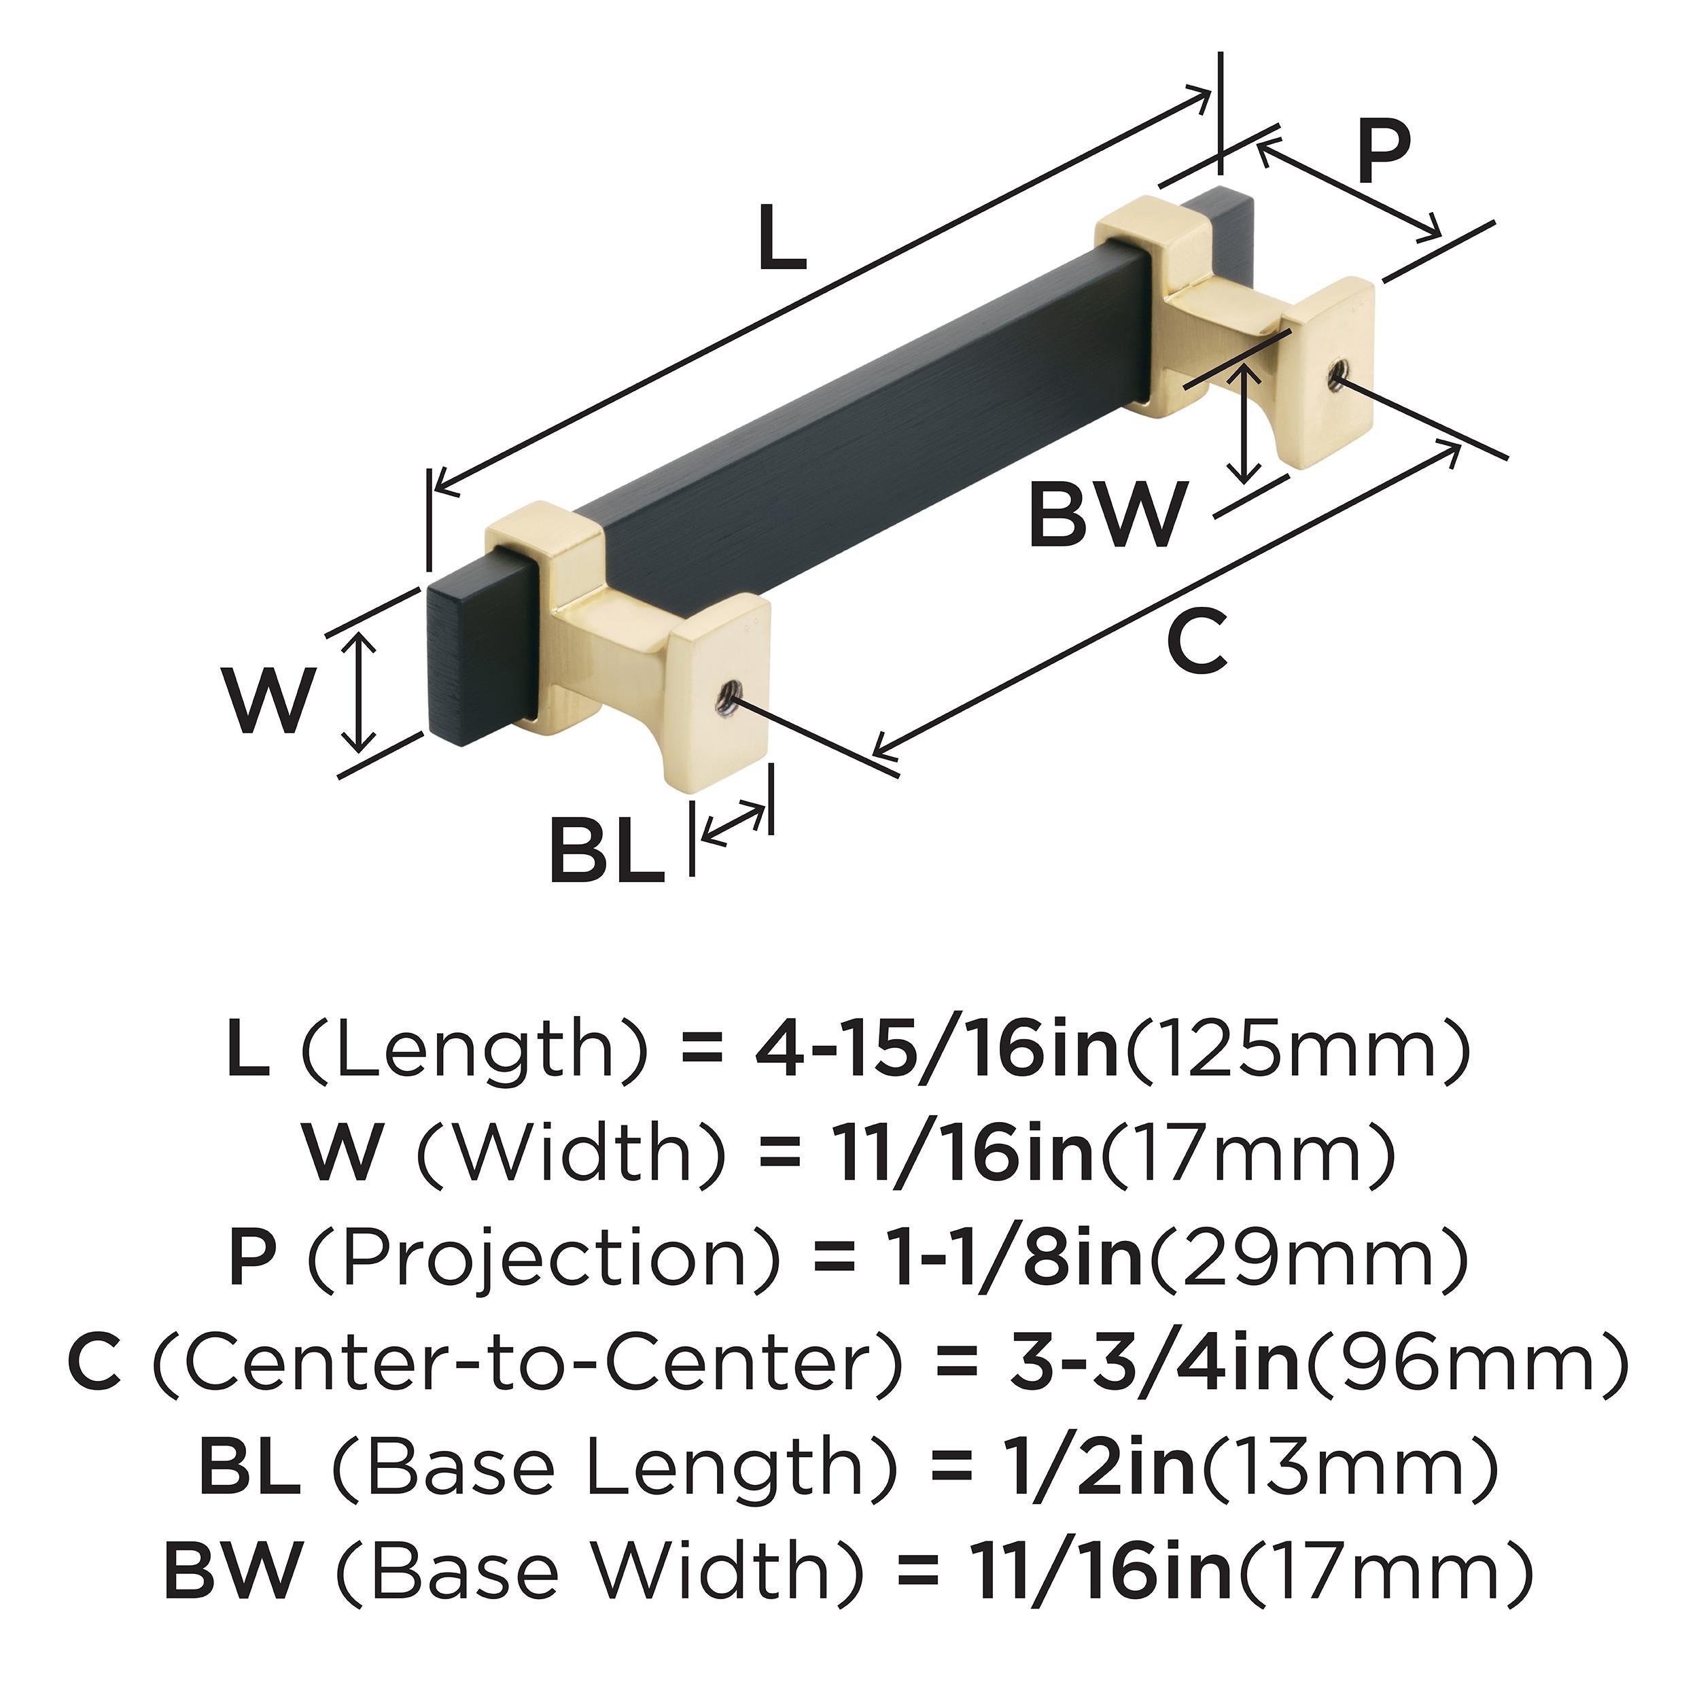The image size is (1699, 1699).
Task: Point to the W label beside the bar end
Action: [266, 700]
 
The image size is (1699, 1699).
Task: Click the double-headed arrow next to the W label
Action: [358, 695]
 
